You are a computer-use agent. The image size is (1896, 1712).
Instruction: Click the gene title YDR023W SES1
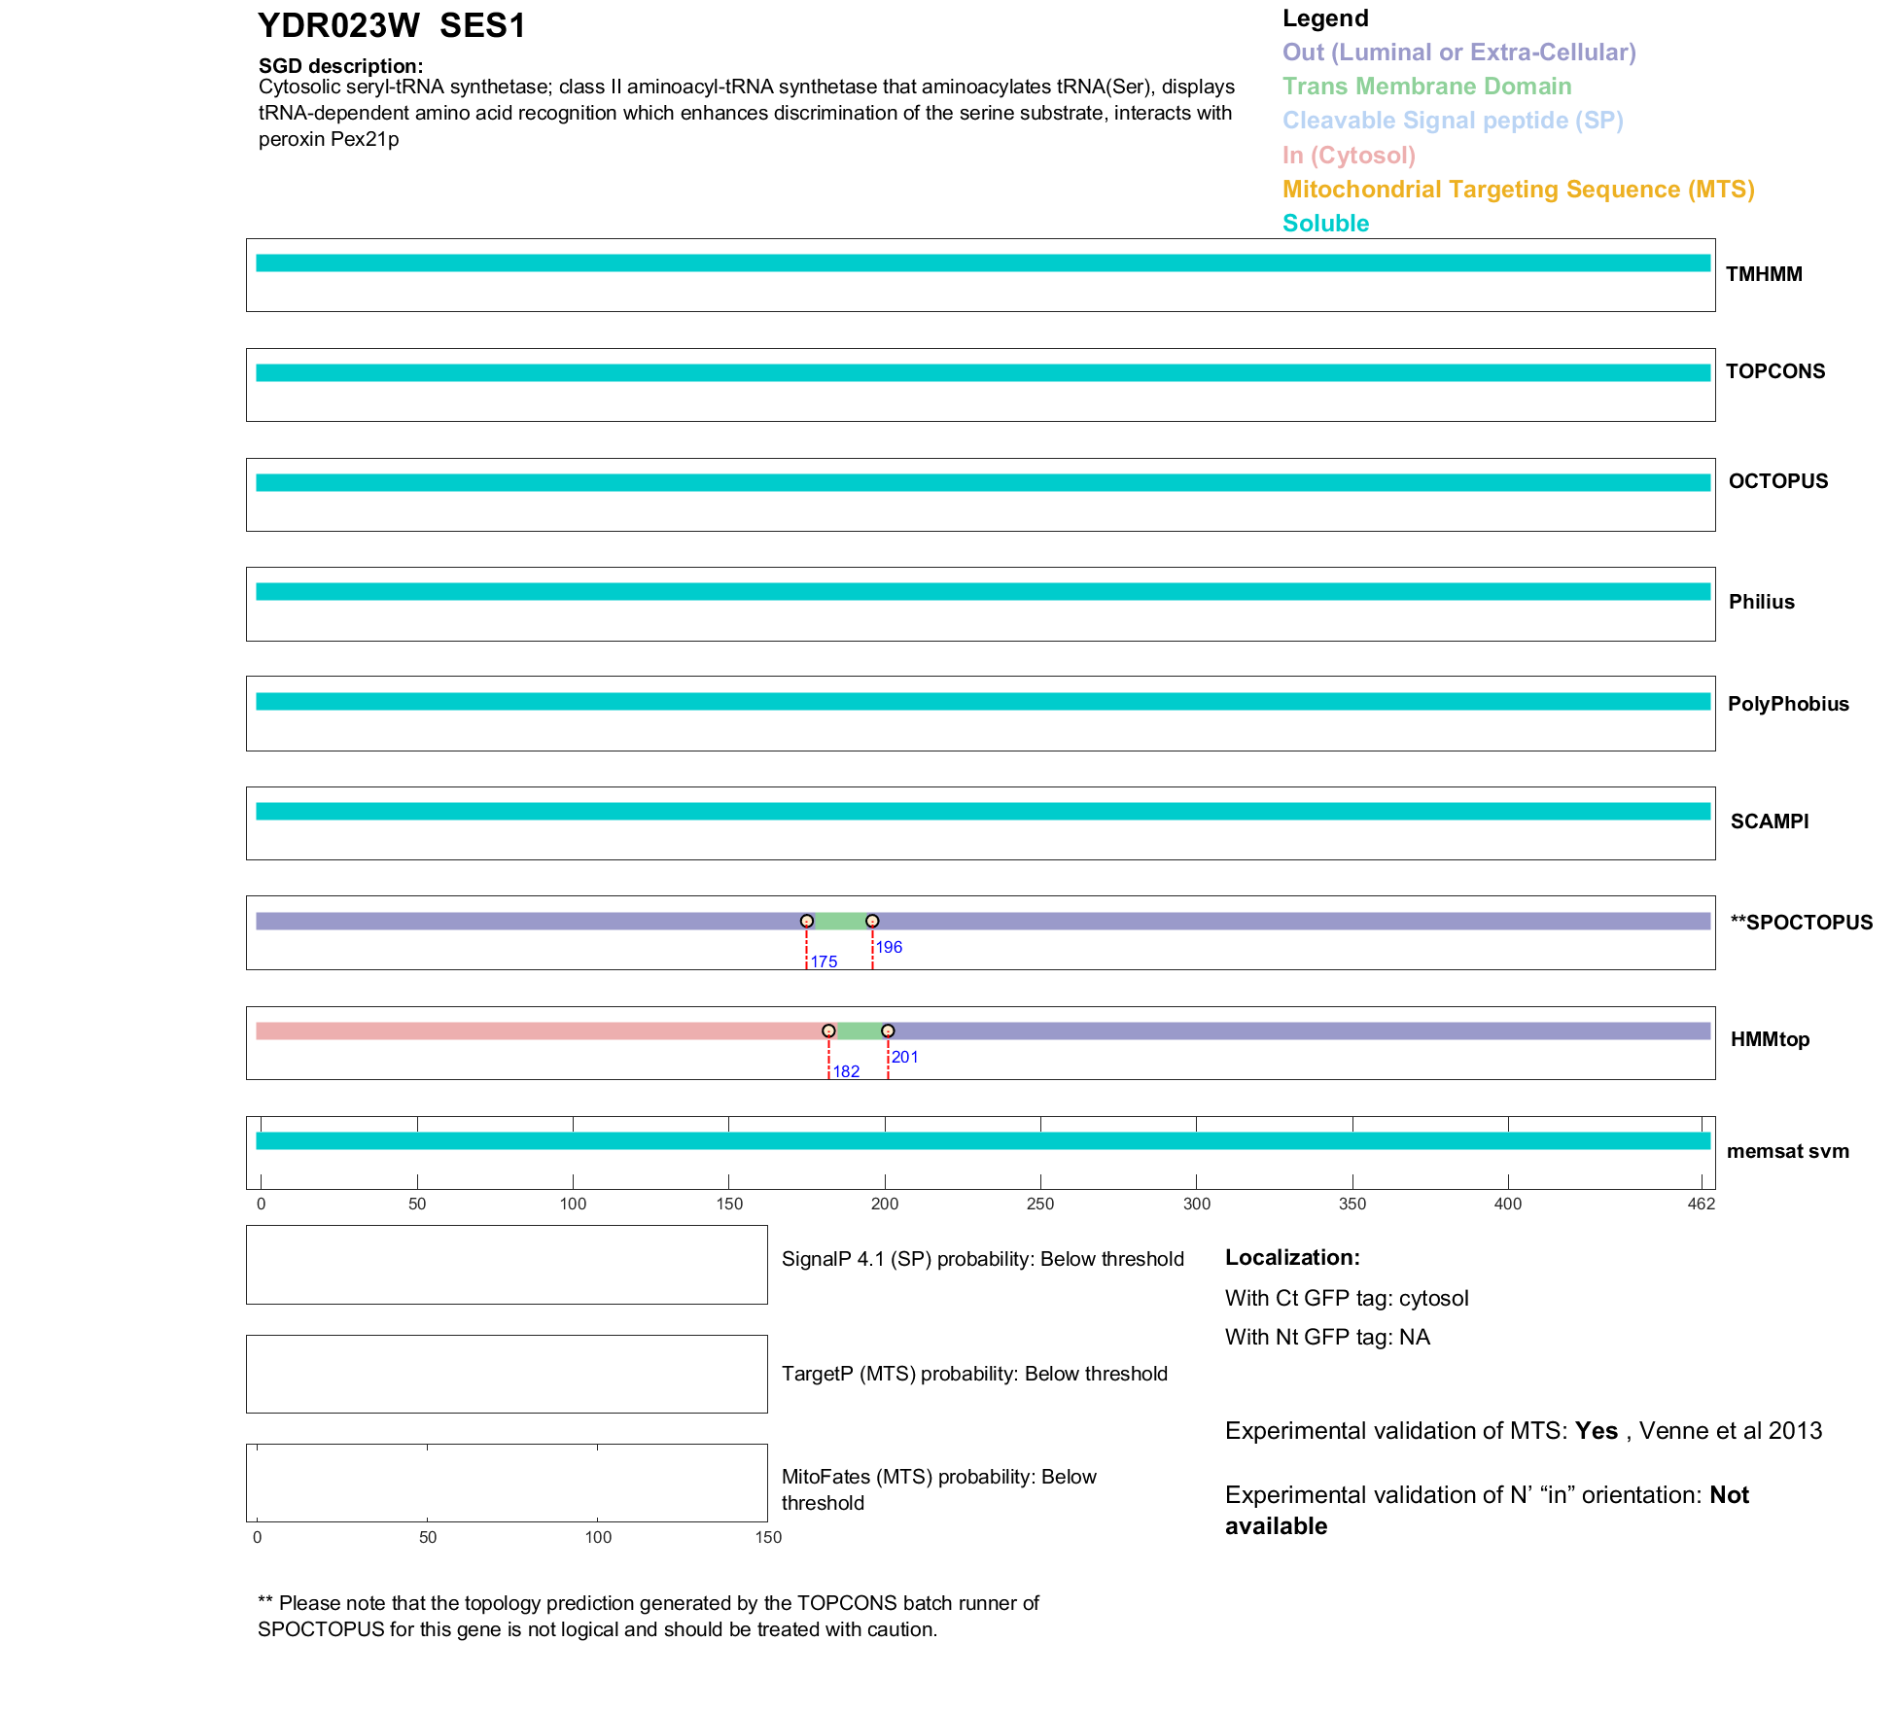tap(391, 26)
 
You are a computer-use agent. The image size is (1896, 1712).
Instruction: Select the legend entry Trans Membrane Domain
tap(1426, 87)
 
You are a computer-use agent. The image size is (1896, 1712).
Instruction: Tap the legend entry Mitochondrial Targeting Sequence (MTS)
tap(1518, 190)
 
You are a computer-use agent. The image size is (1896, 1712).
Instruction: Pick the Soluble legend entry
tap(1325, 224)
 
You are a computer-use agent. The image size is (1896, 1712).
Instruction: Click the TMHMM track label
tap(1764, 274)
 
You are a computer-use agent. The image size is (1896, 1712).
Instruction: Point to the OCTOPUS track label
tap(1777, 481)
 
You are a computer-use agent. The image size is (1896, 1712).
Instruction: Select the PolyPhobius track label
tap(1788, 704)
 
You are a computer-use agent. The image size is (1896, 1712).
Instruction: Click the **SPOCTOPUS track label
tap(1801, 923)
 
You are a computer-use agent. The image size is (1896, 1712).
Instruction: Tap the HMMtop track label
tap(1770, 1039)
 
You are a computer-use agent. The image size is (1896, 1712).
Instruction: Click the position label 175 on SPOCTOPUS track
tap(824, 961)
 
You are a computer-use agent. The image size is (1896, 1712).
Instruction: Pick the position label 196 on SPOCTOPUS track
tap(889, 947)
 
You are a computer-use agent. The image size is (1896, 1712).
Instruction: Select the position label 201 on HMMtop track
tap(905, 1057)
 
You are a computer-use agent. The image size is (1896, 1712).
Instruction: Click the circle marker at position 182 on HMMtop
tap(828, 1031)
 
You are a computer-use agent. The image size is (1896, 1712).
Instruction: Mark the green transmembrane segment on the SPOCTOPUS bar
tap(839, 922)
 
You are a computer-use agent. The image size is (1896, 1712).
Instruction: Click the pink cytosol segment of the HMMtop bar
tap(535, 1031)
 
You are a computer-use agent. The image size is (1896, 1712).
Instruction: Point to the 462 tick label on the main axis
tap(1702, 1204)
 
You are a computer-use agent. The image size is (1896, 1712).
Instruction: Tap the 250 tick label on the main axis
tap(1040, 1204)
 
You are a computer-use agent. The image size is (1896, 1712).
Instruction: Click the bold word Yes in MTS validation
tap(1596, 1431)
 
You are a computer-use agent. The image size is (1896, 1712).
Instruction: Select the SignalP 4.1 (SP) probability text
tap(982, 1259)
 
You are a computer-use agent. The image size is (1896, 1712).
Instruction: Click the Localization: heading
tap(1291, 1257)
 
